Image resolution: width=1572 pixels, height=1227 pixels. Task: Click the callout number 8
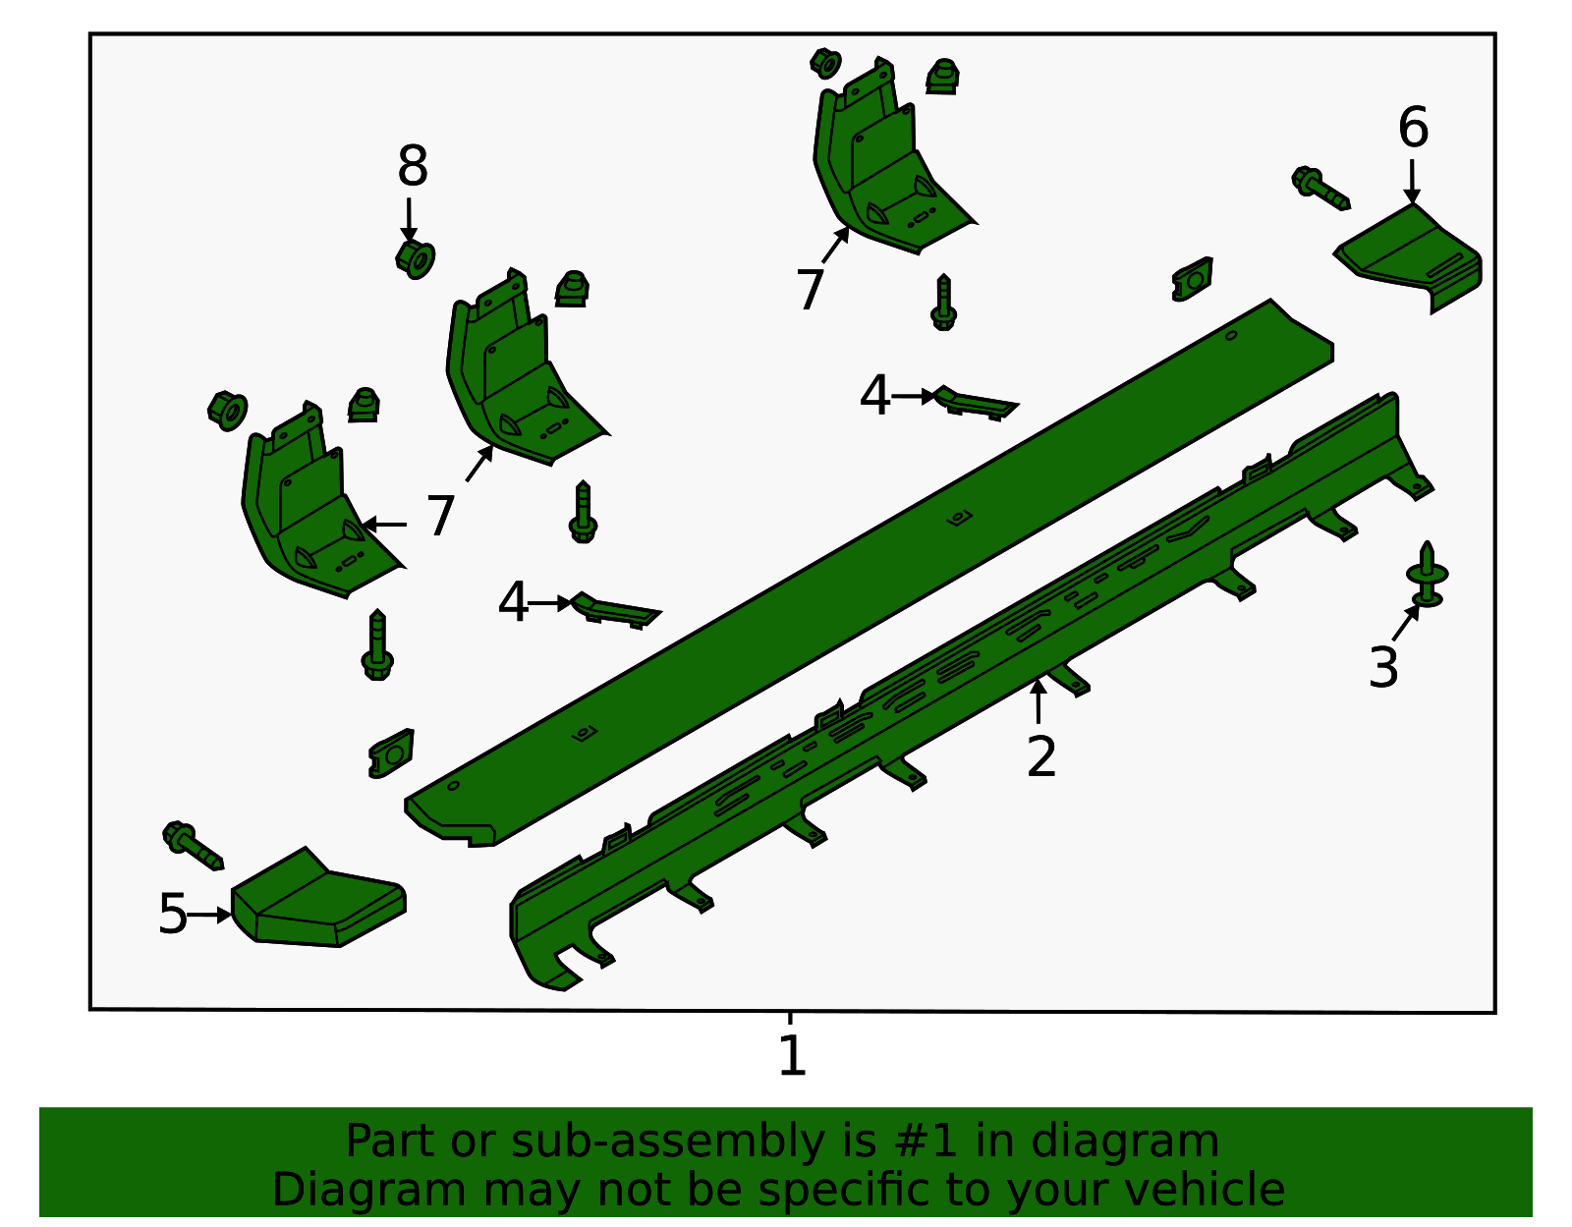tap(413, 167)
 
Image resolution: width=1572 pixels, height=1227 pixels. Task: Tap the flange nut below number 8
tap(416, 259)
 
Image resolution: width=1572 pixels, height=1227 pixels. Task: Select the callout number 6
tap(1413, 129)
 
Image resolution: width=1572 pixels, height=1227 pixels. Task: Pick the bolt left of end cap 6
tap(1319, 188)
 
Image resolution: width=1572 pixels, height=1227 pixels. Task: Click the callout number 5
tap(172, 915)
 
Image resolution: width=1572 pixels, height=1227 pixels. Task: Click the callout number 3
tap(1383, 668)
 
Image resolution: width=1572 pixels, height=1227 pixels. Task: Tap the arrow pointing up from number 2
tap(1038, 699)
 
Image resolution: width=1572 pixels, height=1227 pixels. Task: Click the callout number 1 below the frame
tap(792, 1057)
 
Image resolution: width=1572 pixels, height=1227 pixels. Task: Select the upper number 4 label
tap(873, 396)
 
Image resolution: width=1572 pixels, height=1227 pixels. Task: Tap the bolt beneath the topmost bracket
tap(943, 304)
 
